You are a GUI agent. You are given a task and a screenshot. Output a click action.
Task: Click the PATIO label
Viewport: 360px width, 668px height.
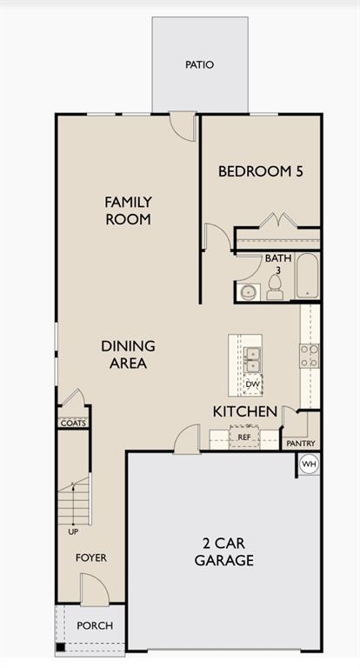point(198,64)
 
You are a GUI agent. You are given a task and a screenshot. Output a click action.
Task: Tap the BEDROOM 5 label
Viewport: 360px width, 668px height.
point(260,171)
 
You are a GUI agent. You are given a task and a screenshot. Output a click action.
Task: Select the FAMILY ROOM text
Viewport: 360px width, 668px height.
point(128,210)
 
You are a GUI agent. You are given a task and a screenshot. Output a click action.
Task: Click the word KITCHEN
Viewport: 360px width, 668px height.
point(245,411)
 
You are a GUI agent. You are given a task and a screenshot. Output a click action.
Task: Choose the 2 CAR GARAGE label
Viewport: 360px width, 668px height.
point(224,551)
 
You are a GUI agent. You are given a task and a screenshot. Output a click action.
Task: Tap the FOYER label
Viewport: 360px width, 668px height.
point(90,558)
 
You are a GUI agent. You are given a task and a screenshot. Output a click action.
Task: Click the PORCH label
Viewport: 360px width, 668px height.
point(94,625)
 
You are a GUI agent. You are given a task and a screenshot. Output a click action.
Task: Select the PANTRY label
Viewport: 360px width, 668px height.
point(301,444)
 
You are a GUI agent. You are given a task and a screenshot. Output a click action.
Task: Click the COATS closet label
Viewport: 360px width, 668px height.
point(72,423)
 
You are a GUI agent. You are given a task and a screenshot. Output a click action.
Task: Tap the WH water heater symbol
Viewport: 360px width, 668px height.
point(309,464)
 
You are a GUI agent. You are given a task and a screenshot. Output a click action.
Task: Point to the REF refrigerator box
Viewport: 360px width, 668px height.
point(244,438)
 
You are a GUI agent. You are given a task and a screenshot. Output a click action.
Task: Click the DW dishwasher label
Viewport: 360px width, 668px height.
point(252,384)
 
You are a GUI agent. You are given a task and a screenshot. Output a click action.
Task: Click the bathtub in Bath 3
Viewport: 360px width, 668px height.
point(307,276)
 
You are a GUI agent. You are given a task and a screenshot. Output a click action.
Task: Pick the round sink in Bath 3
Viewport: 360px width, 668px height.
point(248,291)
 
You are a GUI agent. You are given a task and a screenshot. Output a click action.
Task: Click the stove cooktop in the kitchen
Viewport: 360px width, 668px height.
point(309,356)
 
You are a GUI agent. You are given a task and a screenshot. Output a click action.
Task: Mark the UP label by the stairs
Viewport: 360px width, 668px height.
point(72,531)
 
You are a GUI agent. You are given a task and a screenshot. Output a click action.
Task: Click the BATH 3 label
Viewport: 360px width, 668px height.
point(278,264)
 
